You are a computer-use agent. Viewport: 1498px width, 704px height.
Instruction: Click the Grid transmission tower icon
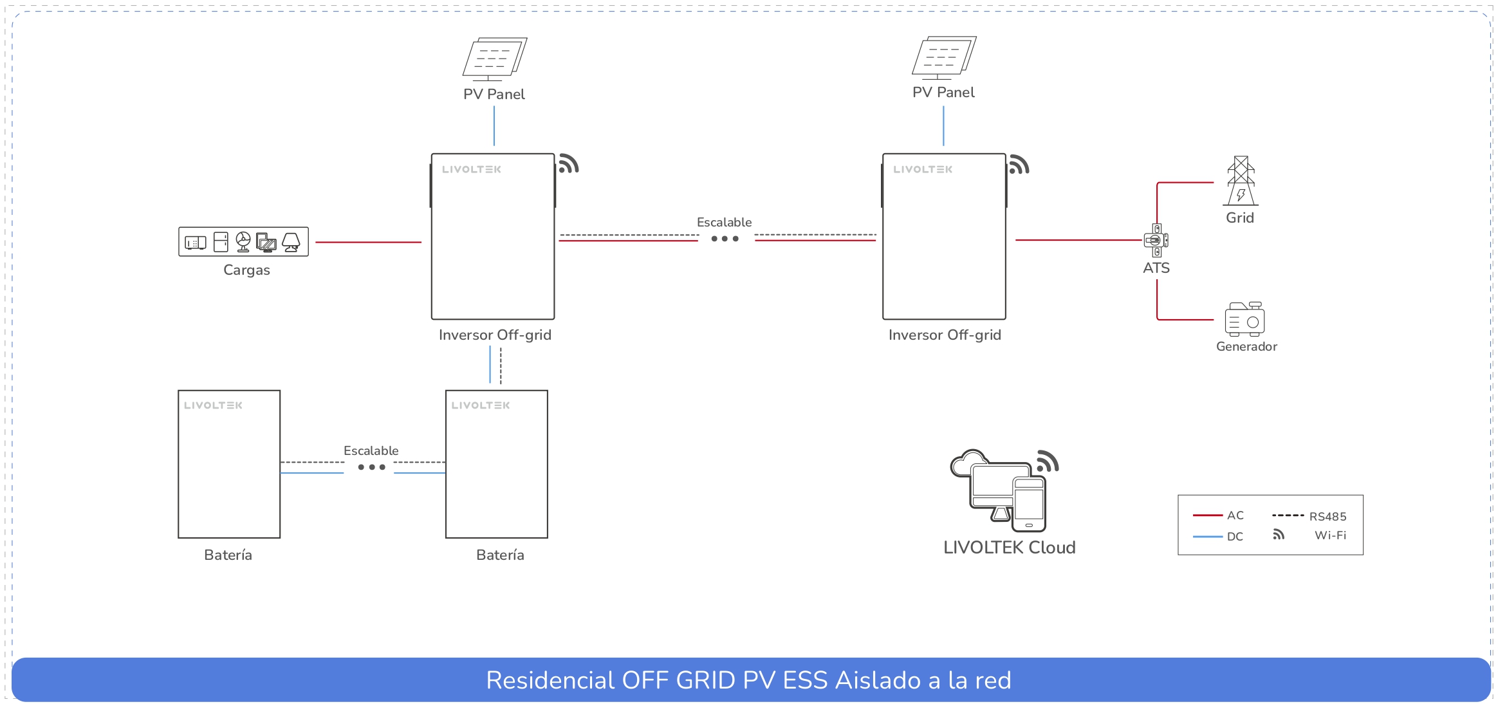click(1241, 181)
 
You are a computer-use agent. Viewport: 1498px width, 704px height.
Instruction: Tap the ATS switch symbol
click(1156, 241)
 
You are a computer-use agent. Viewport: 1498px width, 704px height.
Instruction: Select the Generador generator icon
click(1244, 319)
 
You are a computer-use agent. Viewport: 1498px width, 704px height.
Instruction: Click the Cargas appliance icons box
click(243, 242)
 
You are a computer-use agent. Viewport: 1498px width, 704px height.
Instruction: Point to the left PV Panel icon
click(494, 59)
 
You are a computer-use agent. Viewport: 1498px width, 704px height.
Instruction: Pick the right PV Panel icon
click(943, 57)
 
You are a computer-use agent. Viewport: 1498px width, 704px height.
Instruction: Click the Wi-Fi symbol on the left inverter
click(568, 164)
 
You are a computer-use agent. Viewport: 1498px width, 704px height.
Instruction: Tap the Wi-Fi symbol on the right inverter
click(1019, 165)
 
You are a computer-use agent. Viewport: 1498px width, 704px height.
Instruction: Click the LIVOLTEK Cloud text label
click(1009, 548)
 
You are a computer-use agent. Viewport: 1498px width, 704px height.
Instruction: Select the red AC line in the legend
click(1207, 515)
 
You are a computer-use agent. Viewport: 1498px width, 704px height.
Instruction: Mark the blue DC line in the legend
click(1207, 537)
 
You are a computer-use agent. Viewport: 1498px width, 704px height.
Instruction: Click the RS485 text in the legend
click(1327, 517)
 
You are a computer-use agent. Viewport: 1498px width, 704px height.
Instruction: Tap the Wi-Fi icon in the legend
click(1279, 535)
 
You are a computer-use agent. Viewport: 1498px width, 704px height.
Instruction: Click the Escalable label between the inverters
click(724, 223)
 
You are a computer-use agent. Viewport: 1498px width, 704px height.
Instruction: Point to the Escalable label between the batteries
click(371, 451)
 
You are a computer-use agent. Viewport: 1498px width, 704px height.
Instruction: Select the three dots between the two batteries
click(371, 467)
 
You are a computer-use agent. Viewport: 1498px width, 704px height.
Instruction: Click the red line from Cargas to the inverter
click(368, 242)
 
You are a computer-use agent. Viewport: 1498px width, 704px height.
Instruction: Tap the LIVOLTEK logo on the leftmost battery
click(213, 405)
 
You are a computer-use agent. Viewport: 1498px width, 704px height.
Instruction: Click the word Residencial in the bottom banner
click(550, 680)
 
